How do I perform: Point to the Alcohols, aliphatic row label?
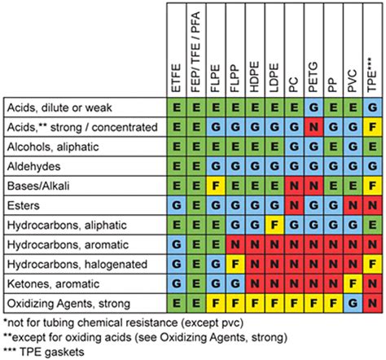click(x=50, y=146)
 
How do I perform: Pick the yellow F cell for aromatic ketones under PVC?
click(x=353, y=283)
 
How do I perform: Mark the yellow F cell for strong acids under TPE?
click(x=373, y=127)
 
